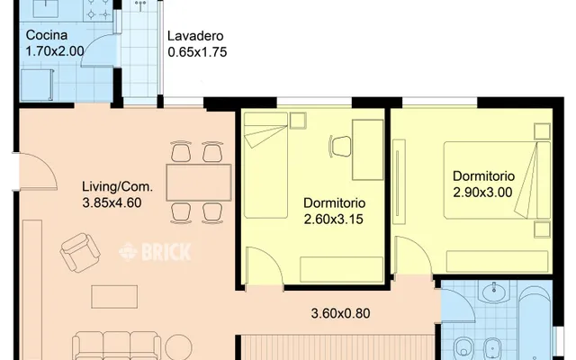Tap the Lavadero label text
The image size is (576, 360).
(x=195, y=36)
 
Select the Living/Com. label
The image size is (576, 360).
(x=117, y=186)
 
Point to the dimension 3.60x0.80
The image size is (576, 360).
(x=340, y=313)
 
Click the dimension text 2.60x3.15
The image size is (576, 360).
(x=334, y=220)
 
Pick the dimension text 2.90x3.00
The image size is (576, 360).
(x=482, y=192)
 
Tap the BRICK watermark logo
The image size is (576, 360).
(x=155, y=252)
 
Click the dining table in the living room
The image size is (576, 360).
(x=199, y=182)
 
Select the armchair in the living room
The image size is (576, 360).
(x=80, y=252)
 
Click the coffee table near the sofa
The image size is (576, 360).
(x=114, y=297)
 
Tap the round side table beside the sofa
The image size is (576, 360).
(x=178, y=346)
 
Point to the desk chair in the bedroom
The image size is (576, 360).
(x=340, y=146)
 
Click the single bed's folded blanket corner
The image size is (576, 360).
(x=265, y=136)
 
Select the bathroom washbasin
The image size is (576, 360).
(x=494, y=292)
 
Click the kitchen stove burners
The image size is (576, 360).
(x=98, y=9)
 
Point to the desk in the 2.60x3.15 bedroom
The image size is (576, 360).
(x=368, y=149)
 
